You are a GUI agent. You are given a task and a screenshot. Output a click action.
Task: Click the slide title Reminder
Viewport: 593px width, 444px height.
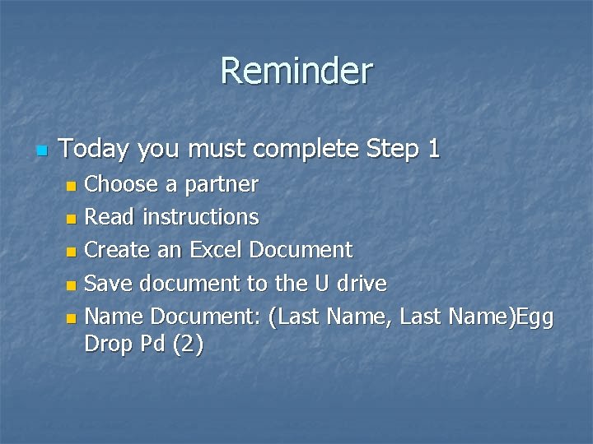[296, 71]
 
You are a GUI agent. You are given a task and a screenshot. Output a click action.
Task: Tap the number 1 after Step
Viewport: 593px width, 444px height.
[433, 150]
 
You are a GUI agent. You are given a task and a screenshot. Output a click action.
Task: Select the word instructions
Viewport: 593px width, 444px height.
[201, 217]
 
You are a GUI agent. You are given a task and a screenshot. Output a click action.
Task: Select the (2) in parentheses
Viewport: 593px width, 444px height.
[186, 346]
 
